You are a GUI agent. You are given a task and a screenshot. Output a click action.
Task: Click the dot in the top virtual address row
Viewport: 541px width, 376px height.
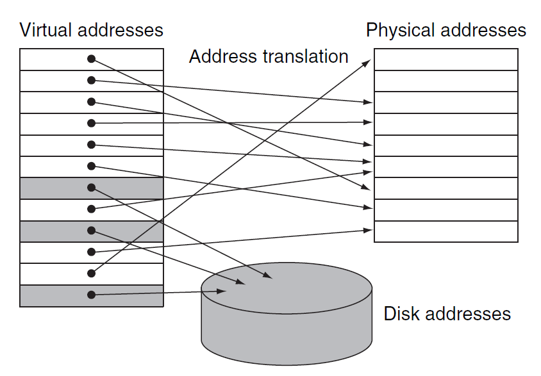click(x=92, y=59)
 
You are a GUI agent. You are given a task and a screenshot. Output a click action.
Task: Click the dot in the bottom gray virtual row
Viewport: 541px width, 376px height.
click(x=92, y=295)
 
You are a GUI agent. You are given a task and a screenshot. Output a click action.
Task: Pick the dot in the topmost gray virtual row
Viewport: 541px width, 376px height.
click(x=92, y=188)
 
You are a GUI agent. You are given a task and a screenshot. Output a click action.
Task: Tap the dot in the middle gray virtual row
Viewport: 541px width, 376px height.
click(x=92, y=231)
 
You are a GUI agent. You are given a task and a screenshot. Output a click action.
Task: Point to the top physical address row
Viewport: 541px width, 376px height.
click(x=445, y=60)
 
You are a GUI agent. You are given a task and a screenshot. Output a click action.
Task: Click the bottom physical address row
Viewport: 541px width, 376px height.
click(x=445, y=231)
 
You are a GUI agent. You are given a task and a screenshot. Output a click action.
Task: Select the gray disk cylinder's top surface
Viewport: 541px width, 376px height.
click(x=287, y=282)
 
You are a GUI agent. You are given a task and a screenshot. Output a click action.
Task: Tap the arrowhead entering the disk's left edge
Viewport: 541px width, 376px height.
click(x=222, y=291)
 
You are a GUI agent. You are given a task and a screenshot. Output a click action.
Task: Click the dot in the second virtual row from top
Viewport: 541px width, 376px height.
click(x=92, y=80)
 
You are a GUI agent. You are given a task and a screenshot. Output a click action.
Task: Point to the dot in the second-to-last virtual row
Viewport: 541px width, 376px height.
click(x=92, y=274)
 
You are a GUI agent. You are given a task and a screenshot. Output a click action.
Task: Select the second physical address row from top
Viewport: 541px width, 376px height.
click(x=445, y=81)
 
